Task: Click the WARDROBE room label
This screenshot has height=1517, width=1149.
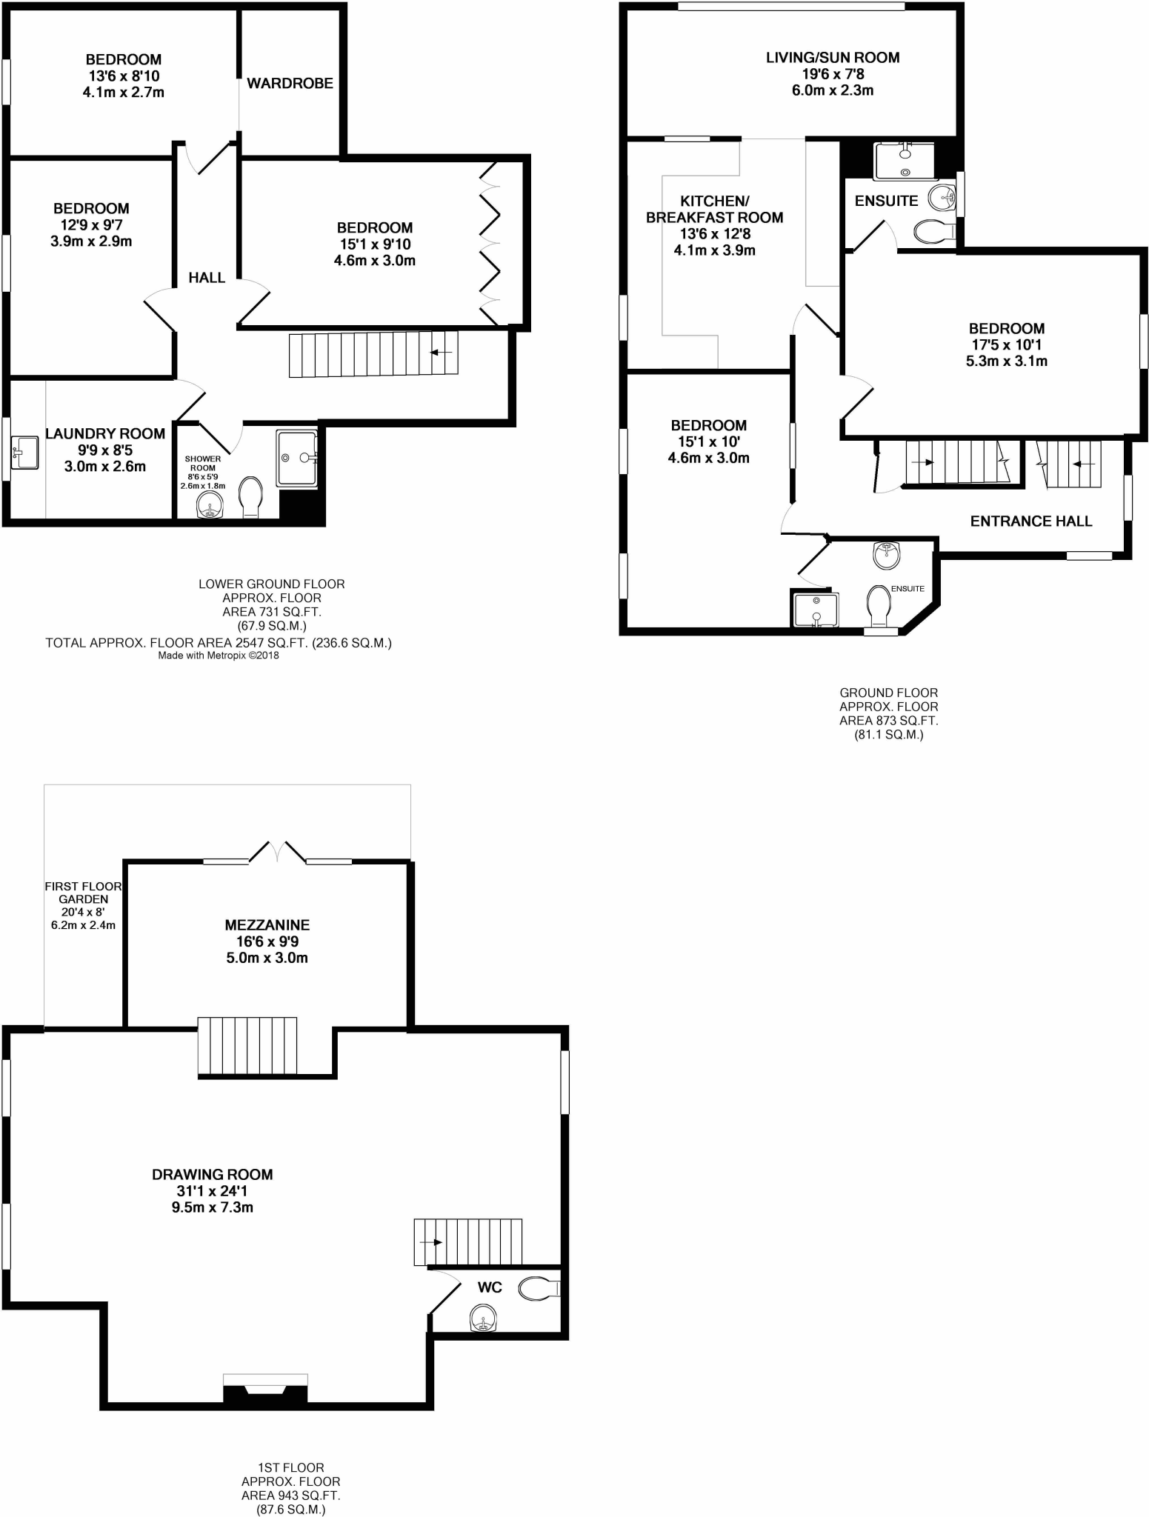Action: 290,84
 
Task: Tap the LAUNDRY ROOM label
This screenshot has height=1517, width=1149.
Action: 105,434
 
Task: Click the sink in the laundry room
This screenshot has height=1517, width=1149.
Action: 26,452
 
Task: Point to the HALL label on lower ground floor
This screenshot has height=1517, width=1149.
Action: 207,278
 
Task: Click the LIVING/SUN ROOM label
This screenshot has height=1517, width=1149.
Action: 832,58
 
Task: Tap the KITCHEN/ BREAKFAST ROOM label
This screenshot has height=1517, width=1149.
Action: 714,210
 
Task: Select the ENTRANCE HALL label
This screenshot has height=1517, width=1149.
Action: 1030,521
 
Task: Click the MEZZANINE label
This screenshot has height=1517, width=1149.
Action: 267,925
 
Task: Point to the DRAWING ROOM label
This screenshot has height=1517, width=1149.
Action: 212,1175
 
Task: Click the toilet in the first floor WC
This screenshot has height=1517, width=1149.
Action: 539,1289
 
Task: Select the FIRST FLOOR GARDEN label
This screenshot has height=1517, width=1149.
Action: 83,893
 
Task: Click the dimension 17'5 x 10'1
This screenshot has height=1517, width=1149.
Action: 1006,345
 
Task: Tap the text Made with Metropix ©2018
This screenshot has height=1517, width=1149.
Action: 219,656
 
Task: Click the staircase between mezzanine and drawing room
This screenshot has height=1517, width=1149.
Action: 247,1046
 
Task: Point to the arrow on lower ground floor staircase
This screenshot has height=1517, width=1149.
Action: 442,352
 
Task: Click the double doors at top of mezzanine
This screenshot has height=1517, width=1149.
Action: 277,852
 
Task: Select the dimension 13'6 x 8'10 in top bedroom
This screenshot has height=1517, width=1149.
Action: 124,76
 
